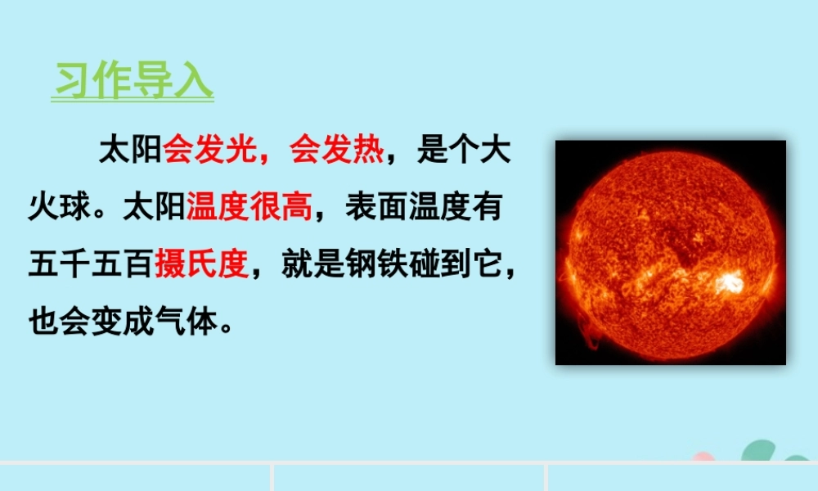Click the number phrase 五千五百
coord(90,264)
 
